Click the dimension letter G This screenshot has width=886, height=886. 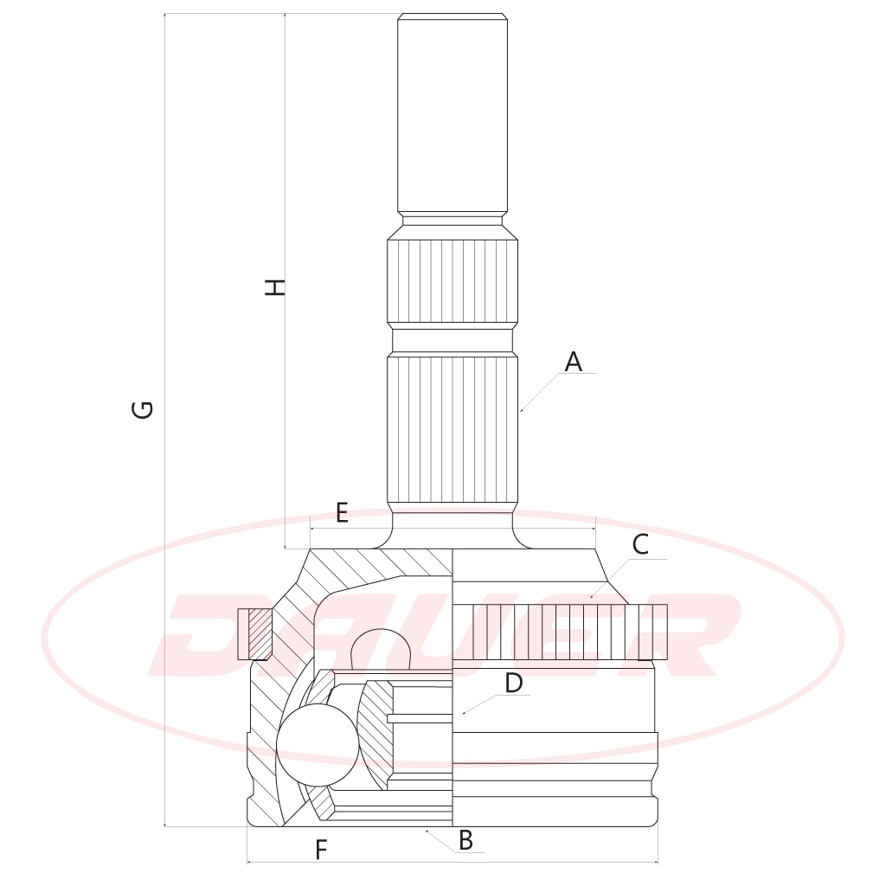click(x=143, y=409)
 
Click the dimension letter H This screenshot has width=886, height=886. click(x=275, y=287)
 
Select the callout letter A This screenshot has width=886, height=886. click(x=573, y=362)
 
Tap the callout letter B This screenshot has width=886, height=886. click(x=465, y=840)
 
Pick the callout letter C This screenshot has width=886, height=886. click(x=640, y=545)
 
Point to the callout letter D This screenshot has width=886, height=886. click(x=513, y=684)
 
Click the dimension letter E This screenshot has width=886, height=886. click(x=342, y=512)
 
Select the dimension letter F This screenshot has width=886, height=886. click(x=321, y=850)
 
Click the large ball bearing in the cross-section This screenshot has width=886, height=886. click(x=318, y=745)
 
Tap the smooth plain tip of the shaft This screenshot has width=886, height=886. click(x=452, y=113)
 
